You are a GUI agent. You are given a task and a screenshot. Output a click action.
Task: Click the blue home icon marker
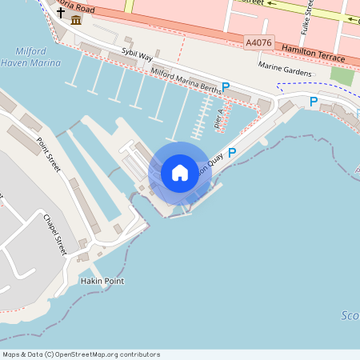pos(180,173)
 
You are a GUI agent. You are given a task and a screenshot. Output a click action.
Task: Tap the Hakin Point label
pos(102,282)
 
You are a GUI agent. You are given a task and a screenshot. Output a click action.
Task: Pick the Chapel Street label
pos(54,234)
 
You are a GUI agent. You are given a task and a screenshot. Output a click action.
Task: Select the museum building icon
pos(75,18)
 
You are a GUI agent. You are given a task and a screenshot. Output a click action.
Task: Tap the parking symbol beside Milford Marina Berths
pos(226,86)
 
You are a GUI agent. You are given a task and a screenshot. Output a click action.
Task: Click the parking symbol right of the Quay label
pos(232,152)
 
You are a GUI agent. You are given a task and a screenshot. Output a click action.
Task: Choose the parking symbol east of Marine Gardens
pos(314,102)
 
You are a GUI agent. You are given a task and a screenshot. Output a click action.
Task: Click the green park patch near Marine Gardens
pos(342,77)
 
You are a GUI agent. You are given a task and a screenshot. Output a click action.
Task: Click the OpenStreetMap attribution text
pos(81,354)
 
